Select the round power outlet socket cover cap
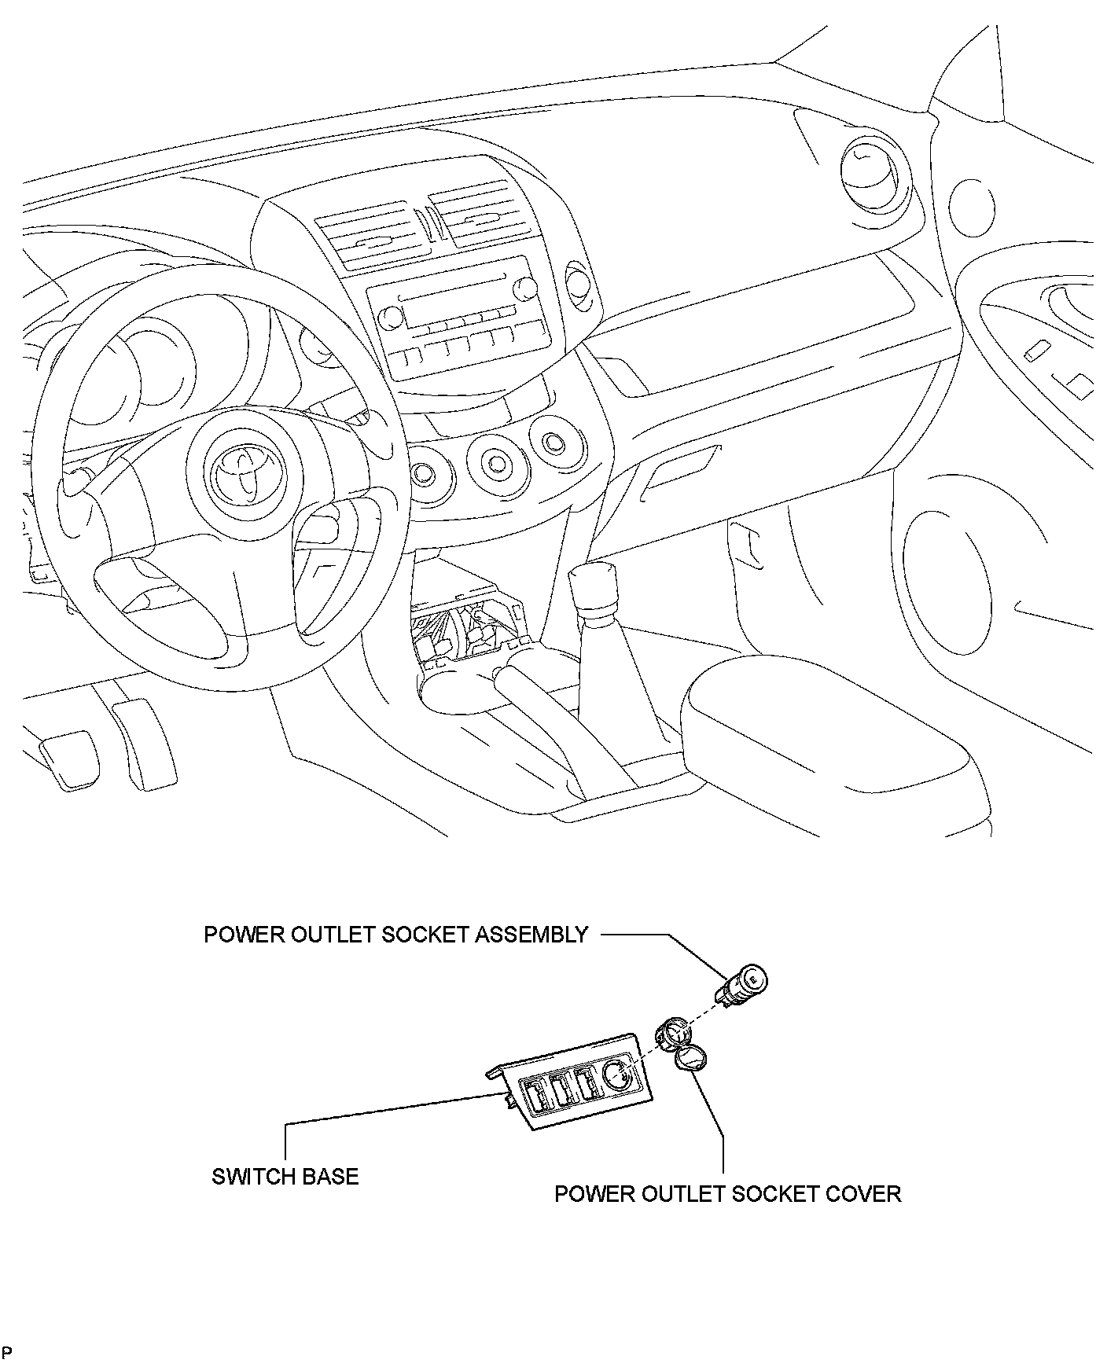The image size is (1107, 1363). click(691, 1060)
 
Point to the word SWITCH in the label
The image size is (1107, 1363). click(251, 1177)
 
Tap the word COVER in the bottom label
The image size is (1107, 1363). click(864, 1193)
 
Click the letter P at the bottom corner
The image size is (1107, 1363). click(6, 1352)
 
